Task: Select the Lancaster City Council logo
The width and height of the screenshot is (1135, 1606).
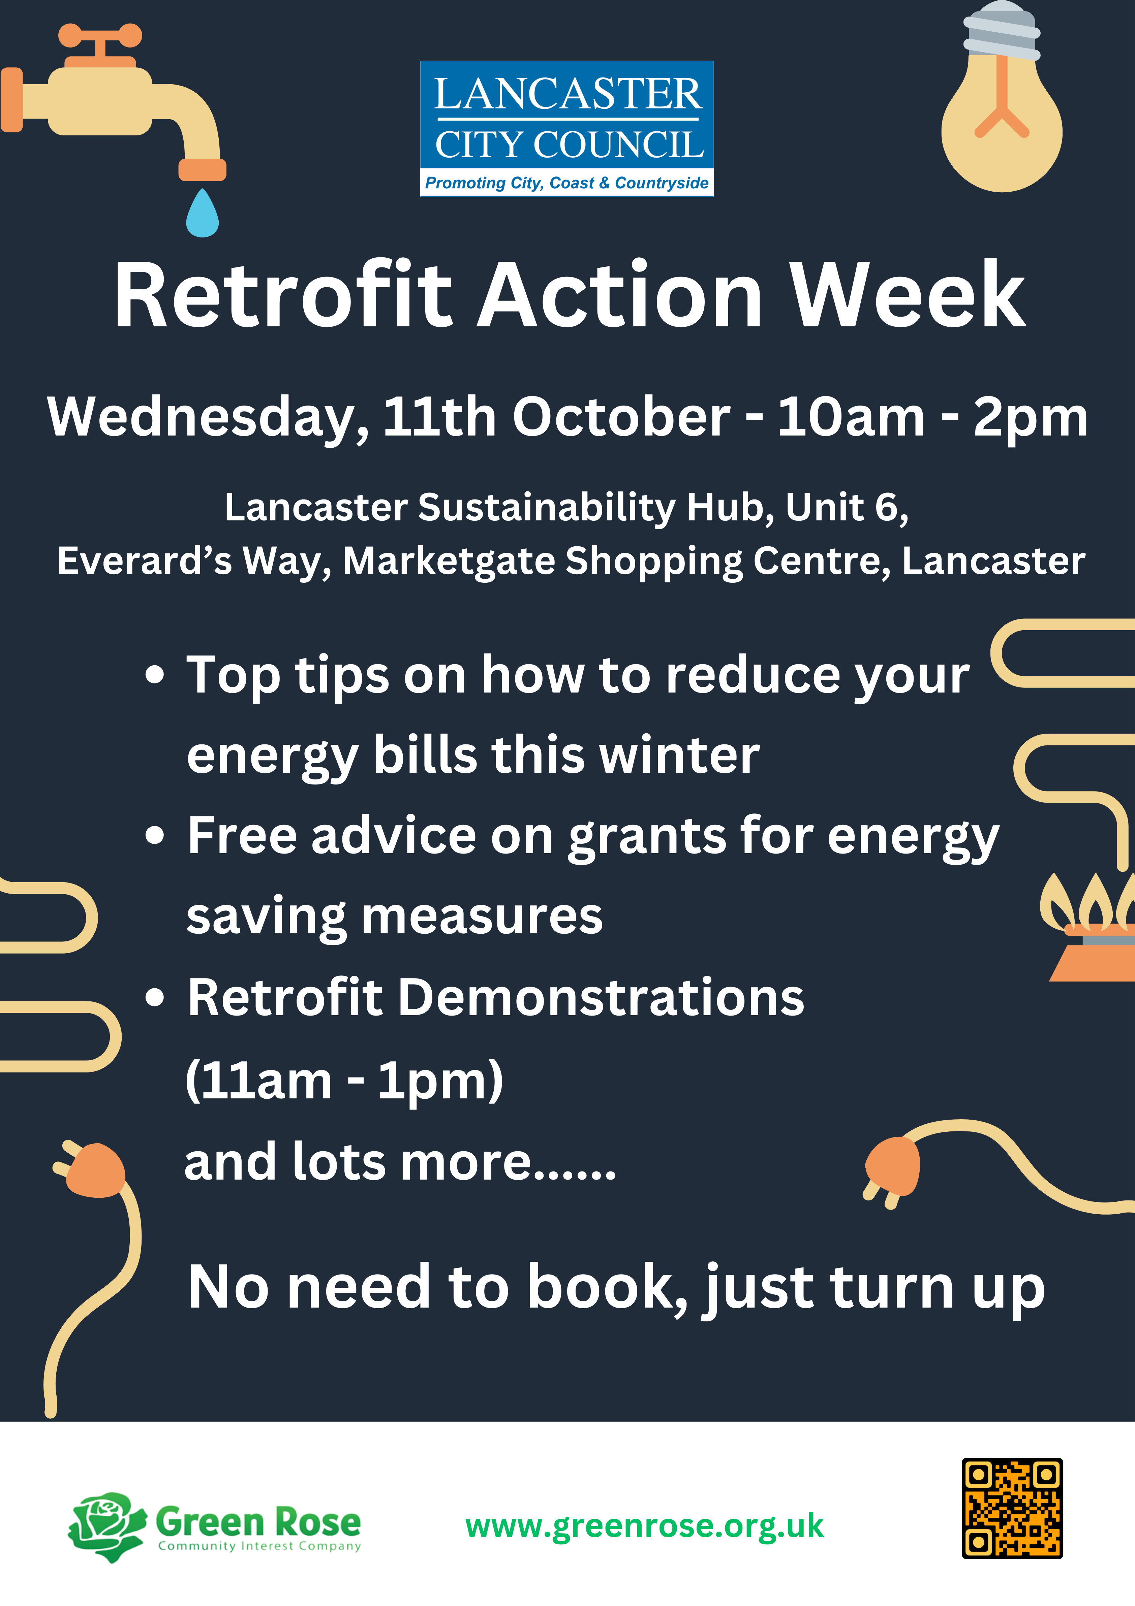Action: [x=567, y=129]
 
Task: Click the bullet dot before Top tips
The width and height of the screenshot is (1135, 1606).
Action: [x=155, y=676]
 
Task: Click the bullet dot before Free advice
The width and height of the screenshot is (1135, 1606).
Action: [x=155, y=835]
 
